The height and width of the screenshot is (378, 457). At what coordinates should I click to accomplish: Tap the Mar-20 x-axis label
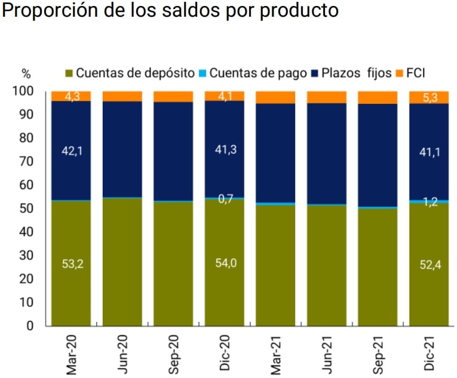(72, 355)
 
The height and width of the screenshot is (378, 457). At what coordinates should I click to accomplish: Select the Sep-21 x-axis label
(379, 355)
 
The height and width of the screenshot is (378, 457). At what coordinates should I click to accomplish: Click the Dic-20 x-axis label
(225, 356)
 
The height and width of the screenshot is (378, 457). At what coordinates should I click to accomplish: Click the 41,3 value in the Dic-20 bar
(225, 150)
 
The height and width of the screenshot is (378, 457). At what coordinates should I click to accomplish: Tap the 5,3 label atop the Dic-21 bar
(429, 97)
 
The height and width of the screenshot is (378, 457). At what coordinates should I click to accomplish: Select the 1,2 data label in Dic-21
(429, 202)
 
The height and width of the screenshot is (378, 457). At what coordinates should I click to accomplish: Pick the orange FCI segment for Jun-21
(327, 97)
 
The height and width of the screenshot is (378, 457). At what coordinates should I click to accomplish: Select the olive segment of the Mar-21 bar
(275, 266)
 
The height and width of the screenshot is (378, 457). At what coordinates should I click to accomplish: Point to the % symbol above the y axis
(26, 74)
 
